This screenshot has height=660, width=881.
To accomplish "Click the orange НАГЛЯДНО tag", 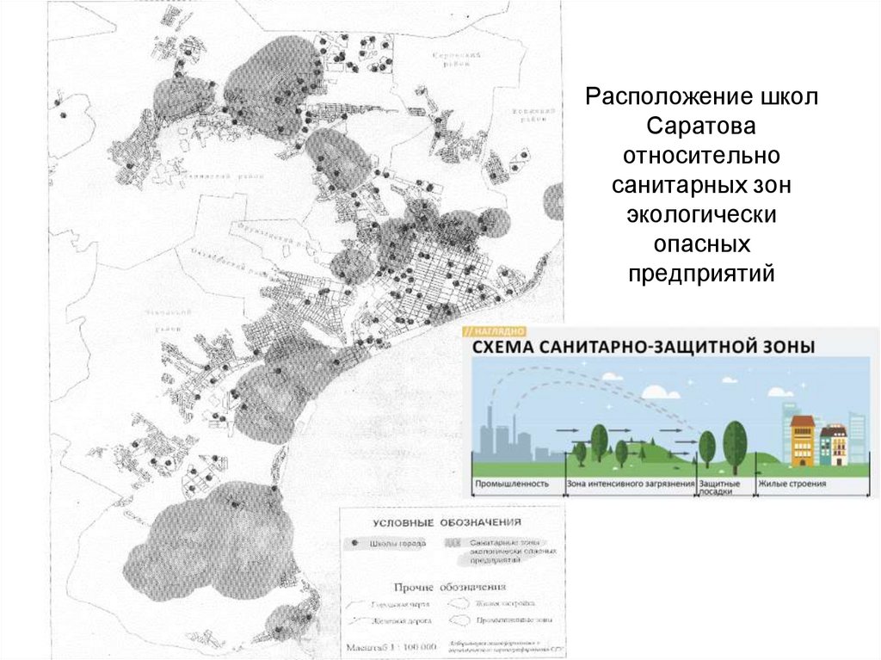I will [x=496, y=330].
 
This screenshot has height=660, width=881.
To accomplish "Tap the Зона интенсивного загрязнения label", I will [x=631, y=484].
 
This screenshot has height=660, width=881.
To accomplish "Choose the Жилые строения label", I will [x=792, y=484].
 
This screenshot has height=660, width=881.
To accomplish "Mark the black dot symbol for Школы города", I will [x=354, y=544].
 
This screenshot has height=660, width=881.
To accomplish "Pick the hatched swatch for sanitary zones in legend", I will [x=453, y=544].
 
